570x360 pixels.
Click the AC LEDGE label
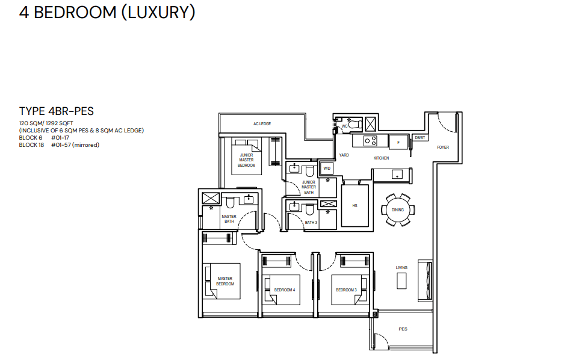pyautogui.click(x=262, y=123)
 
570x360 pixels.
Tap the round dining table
pyautogui.click(x=398, y=210)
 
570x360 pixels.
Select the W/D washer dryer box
pyautogui.click(x=327, y=169)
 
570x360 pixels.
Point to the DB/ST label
pyautogui.click(x=420, y=138)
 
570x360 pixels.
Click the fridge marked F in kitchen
pyautogui.click(x=398, y=142)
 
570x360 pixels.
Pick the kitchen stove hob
pyautogui.click(x=370, y=141)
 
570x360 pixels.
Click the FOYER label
pyautogui.click(x=443, y=147)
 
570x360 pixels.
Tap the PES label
pyautogui.click(x=403, y=329)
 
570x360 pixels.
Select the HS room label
pyautogui.click(x=355, y=206)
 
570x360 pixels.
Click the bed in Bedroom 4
pyautogui.click(x=282, y=290)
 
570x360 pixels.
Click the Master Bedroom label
pyautogui.click(x=225, y=281)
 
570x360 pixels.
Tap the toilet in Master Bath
pyautogui.click(x=230, y=202)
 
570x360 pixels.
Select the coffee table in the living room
pyautogui.click(x=401, y=281)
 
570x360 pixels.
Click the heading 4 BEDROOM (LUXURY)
pyautogui.click(x=107, y=12)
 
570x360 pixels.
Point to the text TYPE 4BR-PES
pyautogui.click(x=57, y=111)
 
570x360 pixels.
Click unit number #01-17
pyautogui.click(x=60, y=138)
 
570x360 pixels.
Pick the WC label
pyautogui.click(x=345, y=126)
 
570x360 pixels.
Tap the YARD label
pyautogui.click(x=344, y=155)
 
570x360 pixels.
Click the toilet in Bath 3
pyautogui.click(x=309, y=209)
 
